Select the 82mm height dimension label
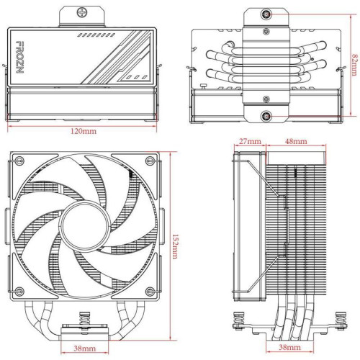point(351,65)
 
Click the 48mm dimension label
point(296,142)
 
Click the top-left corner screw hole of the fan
point(20,161)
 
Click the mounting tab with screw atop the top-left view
point(84,14)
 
